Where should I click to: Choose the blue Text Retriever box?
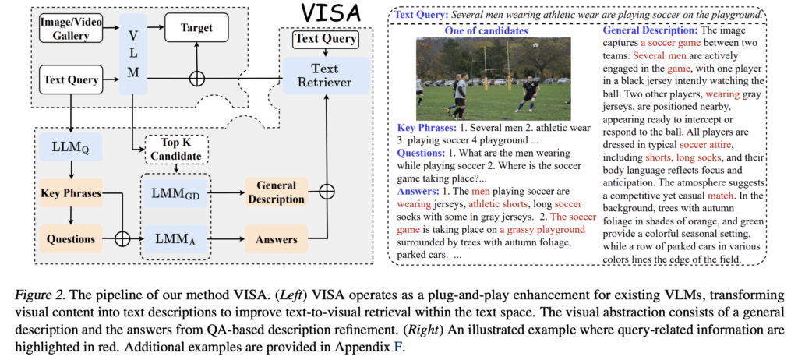325,76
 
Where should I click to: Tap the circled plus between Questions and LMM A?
122,238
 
